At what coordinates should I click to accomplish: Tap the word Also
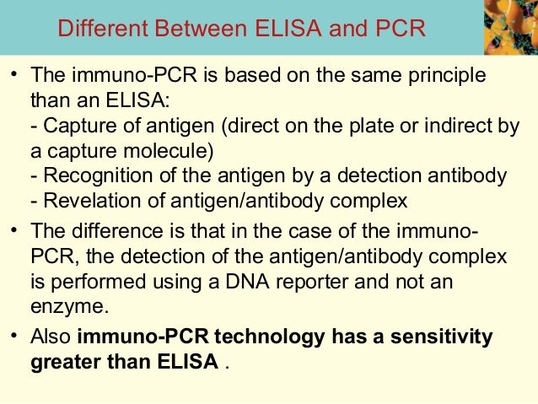tap(50, 337)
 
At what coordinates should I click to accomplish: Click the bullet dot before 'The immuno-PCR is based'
tap(14, 78)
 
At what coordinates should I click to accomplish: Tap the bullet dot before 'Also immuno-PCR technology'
tap(14, 337)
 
